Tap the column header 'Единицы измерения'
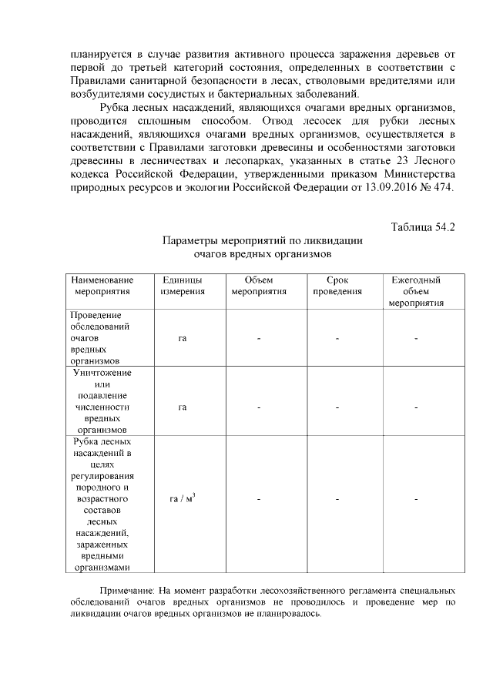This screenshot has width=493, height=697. coord(183,286)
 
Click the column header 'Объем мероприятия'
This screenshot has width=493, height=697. coord(259,286)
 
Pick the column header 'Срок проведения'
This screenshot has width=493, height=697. coord(337,286)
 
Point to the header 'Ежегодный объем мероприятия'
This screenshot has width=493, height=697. coord(415,291)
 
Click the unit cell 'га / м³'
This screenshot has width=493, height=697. coord(182,500)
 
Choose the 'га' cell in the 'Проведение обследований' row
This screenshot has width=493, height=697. coord(183,338)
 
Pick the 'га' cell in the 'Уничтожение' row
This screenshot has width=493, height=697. coord(183,407)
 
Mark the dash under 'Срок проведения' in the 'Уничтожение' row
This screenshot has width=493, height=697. coord(337,407)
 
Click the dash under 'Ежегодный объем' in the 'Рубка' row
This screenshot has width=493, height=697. coord(415,501)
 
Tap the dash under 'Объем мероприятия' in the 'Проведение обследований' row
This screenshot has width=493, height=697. coord(259,338)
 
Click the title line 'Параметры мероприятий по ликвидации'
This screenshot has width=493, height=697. coord(263,240)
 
